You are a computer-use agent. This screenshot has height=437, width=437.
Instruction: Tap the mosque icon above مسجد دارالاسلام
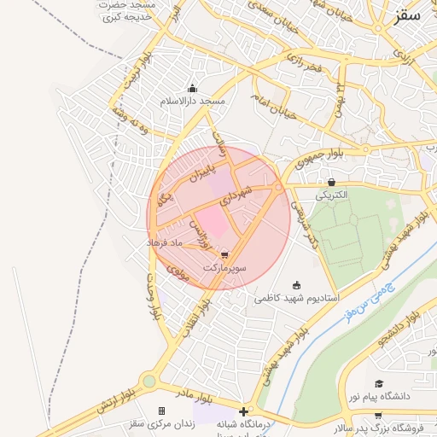192,88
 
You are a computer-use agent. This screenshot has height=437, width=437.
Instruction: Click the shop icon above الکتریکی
332,182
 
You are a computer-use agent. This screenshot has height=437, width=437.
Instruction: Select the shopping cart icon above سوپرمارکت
224,254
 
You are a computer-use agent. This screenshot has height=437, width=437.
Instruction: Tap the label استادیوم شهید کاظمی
297,299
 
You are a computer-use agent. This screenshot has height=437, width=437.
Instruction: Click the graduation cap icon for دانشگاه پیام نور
379,384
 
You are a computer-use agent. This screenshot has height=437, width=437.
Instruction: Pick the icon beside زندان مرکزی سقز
161,411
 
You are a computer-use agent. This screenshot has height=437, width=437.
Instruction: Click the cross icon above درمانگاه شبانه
246,411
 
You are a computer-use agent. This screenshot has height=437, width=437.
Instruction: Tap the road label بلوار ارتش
110,405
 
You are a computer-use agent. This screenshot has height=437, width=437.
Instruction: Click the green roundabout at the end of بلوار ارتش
150,382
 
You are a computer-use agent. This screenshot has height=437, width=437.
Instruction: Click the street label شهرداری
237,195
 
